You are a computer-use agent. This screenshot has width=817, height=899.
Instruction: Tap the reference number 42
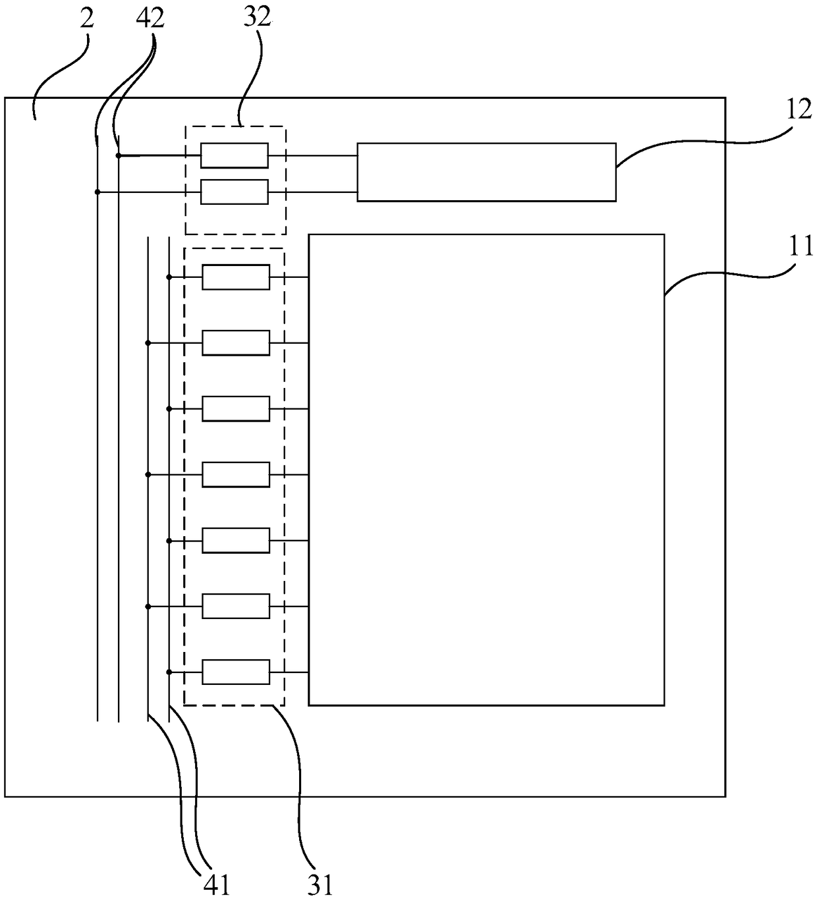pos(150,18)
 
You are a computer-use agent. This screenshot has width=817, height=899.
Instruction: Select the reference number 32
pos(257,18)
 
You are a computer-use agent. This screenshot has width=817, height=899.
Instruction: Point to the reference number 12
pos(799,109)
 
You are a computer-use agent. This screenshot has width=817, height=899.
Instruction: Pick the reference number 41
pos(215,884)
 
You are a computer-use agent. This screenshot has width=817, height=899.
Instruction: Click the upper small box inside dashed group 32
pos(235,155)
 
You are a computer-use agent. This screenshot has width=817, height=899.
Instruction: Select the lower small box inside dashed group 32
pos(235,192)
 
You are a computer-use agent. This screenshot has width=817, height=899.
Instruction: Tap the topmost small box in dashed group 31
pos(236,277)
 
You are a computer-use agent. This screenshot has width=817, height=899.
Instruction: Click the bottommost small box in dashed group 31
pos(236,672)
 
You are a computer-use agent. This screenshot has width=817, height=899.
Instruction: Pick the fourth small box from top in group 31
pos(236,475)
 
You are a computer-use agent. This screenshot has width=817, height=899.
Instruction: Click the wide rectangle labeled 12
pos(486,171)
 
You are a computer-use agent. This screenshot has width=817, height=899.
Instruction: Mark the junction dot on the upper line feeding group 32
pos(119,155)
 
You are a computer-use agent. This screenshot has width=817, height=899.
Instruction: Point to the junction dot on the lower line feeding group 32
pos(98,192)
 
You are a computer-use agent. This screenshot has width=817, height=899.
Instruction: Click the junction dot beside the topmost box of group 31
pos(169,277)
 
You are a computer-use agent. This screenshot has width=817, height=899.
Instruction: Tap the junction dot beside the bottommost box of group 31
pos(169,672)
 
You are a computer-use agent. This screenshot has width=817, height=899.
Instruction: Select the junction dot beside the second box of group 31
pos(148,343)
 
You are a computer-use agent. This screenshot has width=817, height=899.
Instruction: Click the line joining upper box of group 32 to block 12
pos(313,155)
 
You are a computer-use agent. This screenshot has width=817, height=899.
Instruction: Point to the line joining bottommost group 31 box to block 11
pos(290,672)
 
